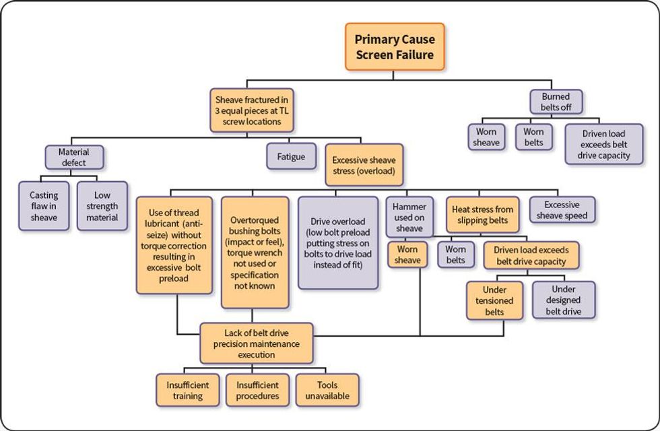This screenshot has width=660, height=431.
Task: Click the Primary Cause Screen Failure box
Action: tap(394, 47)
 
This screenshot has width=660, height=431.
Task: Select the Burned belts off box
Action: tap(556, 102)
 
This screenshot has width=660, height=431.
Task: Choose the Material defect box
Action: tap(73, 157)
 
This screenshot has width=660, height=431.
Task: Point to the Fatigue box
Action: tap(291, 157)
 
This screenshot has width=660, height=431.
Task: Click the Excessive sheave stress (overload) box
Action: tap(364, 166)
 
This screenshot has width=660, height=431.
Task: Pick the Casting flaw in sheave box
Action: tap(44, 206)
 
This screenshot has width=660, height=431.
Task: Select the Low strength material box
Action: tap(102, 206)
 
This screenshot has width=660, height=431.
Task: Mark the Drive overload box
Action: tap(338, 243)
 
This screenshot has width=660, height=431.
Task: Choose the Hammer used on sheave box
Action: tap(409, 217)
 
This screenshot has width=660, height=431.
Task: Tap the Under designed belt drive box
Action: tap(564, 300)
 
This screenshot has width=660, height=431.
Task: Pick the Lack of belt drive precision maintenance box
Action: tap(257, 343)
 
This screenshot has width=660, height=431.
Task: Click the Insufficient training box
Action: tap(188, 390)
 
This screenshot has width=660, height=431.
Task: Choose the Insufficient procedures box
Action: tap(257, 390)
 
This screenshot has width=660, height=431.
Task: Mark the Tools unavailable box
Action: tap(327, 390)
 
